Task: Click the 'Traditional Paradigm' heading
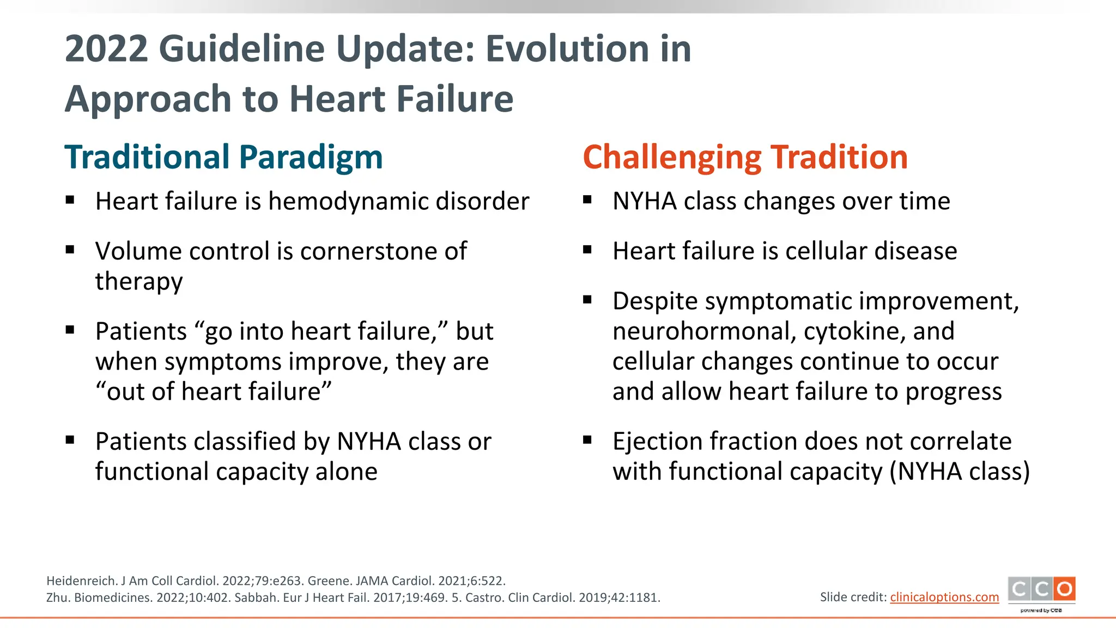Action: point(223,157)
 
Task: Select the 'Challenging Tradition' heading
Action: point(745,157)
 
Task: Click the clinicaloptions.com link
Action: point(944,597)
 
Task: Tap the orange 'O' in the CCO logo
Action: point(1064,589)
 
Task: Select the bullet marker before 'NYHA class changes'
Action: point(587,200)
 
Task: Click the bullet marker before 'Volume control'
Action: point(70,250)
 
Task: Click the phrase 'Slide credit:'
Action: point(853,597)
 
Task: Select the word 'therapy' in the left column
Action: point(139,282)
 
